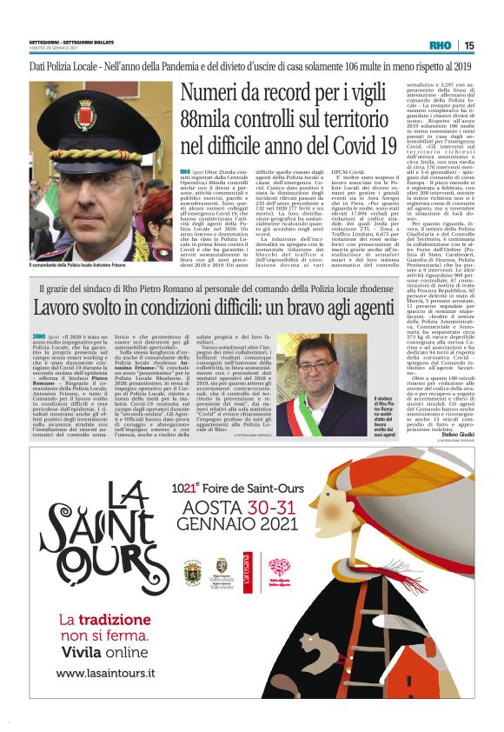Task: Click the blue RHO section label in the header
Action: (x=439, y=45)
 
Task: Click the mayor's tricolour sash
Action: (x=305, y=409)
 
